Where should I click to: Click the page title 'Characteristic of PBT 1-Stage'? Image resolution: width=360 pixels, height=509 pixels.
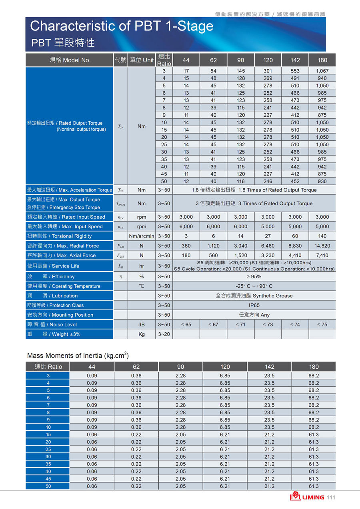pyautogui.click(x=122, y=26)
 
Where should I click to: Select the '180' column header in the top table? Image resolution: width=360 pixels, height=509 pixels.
pyautogui.click(x=322, y=60)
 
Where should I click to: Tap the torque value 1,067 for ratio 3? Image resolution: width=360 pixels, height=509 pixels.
pyautogui.click(x=322, y=71)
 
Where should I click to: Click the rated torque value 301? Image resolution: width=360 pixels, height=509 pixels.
pyautogui.click(x=268, y=71)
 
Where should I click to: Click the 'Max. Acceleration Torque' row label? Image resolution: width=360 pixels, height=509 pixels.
pyautogui.click(x=69, y=190)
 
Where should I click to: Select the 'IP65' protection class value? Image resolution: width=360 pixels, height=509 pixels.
pyautogui.click(x=254, y=305)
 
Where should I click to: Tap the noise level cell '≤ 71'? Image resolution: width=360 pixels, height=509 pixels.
pyautogui.click(x=240, y=325)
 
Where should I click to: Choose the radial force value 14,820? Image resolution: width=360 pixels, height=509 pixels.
pyautogui.click(x=322, y=246)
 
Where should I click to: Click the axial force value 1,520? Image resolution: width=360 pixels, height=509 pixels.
pyautogui.click(x=240, y=255)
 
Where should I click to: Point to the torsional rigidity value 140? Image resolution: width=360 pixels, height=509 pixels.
pyautogui.click(x=322, y=236)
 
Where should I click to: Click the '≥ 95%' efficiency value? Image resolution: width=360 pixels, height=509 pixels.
pyautogui.click(x=254, y=277)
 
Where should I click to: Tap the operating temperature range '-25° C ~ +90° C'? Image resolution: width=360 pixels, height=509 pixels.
pyautogui.click(x=254, y=286)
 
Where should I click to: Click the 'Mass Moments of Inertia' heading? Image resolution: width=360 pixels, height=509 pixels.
pyautogui.click(x=78, y=355)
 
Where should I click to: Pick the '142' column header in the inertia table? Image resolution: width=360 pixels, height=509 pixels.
pyautogui.click(x=269, y=367)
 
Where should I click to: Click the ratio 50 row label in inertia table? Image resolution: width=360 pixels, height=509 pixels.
pyautogui.click(x=48, y=486)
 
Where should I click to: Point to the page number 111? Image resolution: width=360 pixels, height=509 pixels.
pyautogui.click(x=331, y=497)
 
